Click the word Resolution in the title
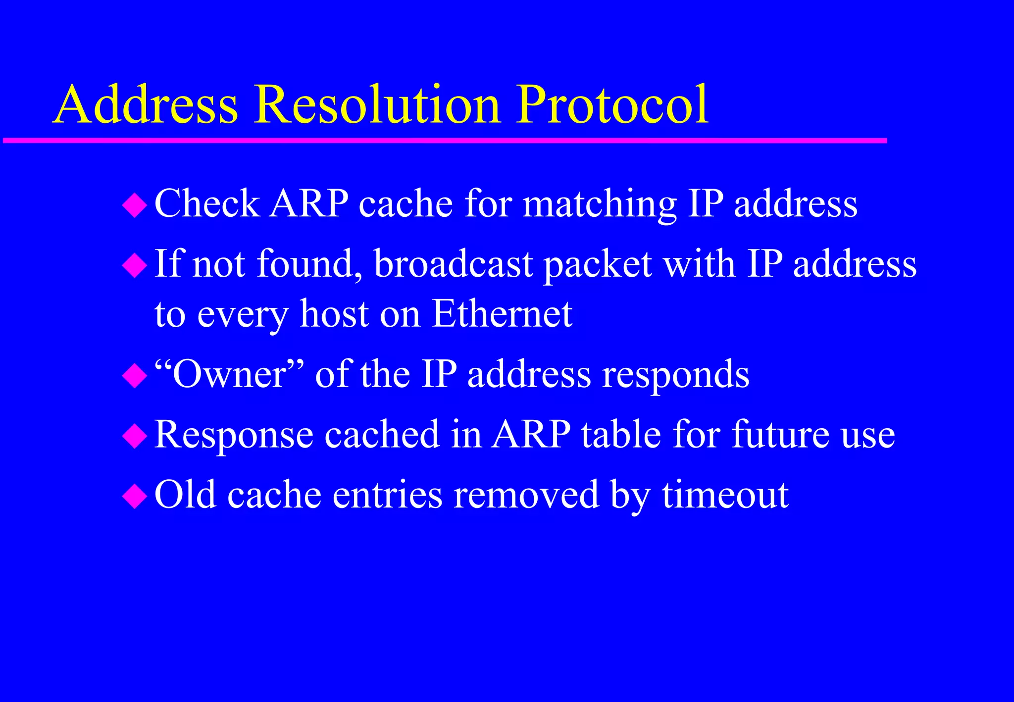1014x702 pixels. [x=378, y=105]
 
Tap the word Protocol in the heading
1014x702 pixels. [x=612, y=105]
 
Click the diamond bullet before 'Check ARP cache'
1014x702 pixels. [x=135, y=205]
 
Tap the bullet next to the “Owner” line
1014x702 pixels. [x=135, y=376]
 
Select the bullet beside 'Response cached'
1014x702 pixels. [x=135, y=436]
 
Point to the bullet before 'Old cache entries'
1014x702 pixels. [x=135, y=497]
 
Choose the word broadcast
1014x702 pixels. [x=453, y=263]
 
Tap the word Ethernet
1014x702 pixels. [x=502, y=314]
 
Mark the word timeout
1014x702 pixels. [x=725, y=495]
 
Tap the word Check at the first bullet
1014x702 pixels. [x=207, y=203]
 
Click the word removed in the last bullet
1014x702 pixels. [x=526, y=495]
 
